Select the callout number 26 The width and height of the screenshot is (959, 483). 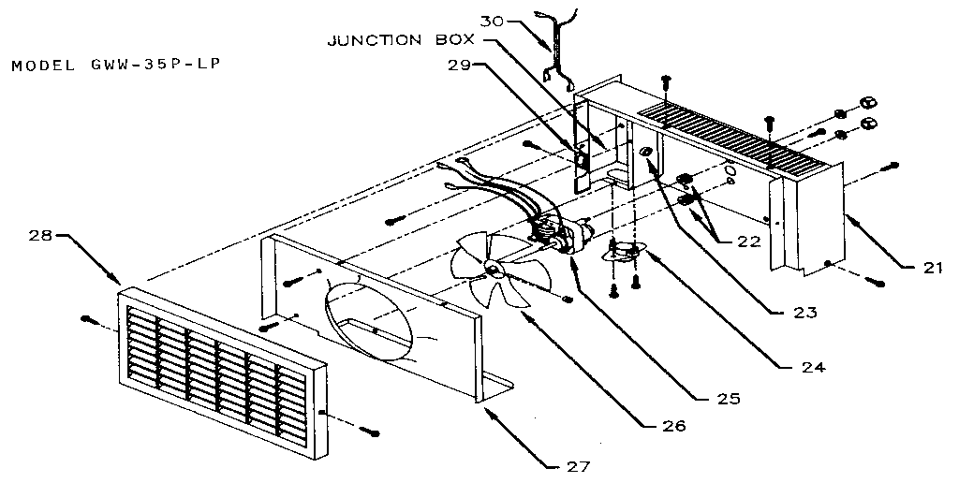click(x=672, y=426)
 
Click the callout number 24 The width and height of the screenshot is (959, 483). click(x=812, y=367)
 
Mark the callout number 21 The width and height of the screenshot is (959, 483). click(x=928, y=269)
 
